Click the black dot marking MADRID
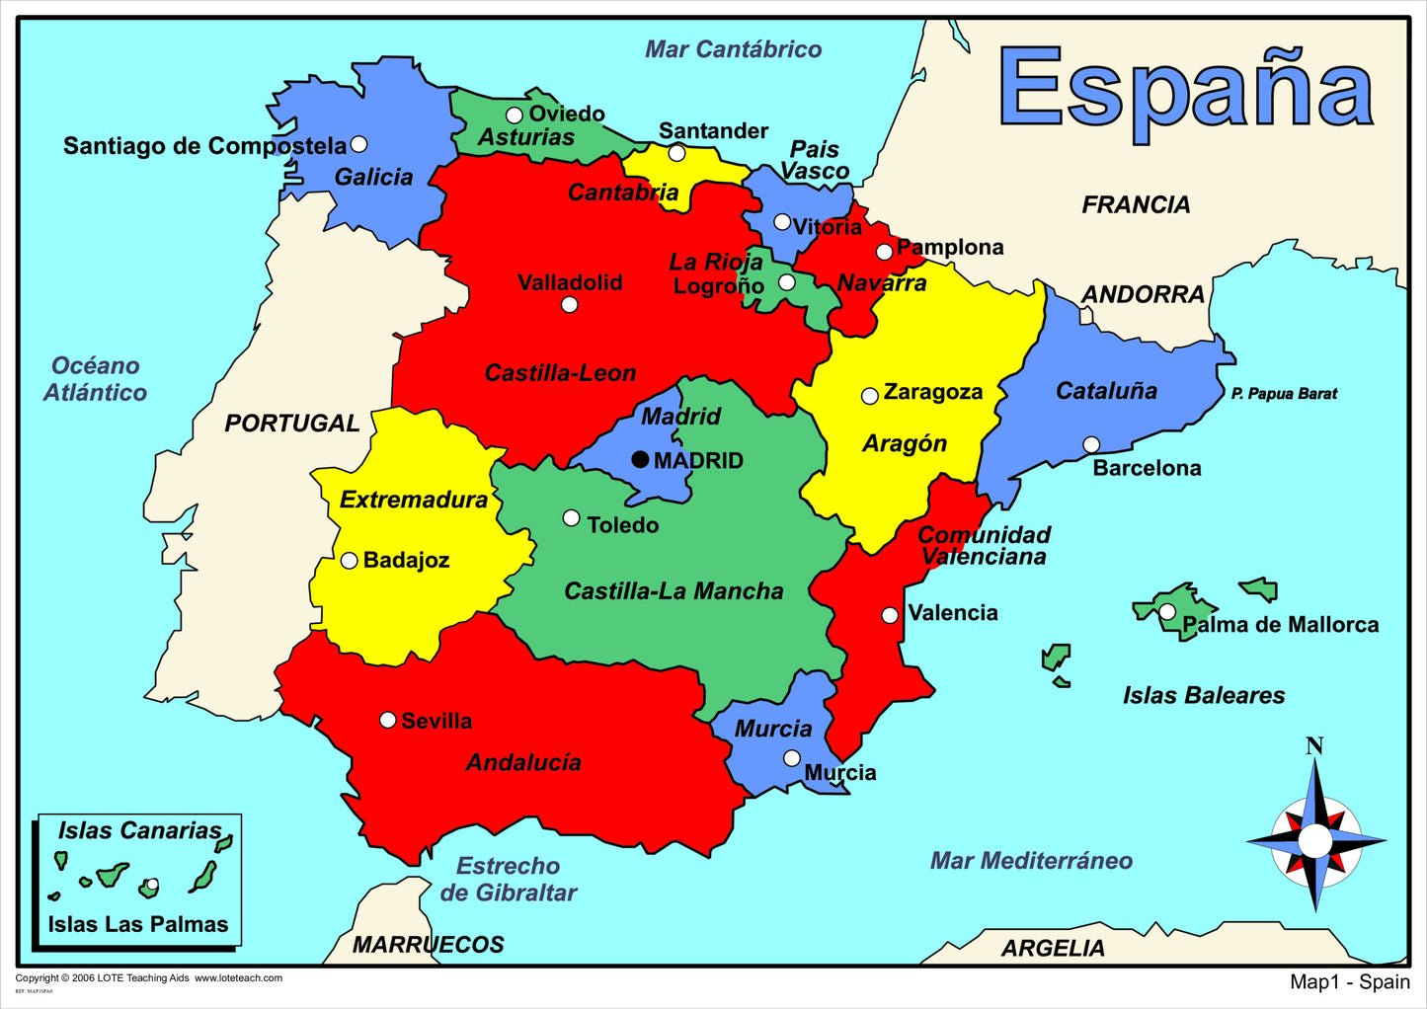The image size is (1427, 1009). tap(640, 459)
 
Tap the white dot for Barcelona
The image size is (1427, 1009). tap(1091, 445)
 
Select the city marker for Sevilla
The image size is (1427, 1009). tap(388, 720)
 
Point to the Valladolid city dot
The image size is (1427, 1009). tap(569, 304)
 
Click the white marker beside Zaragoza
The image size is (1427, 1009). tap(869, 396)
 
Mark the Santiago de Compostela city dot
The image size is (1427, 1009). tap(358, 144)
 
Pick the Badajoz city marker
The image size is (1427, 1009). tap(349, 561)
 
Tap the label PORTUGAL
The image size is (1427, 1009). tap(291, 424)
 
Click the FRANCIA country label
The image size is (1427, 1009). tap(1136, 205)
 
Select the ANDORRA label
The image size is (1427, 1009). tap(1143, 294)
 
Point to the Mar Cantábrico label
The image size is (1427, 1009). tap(733, 49)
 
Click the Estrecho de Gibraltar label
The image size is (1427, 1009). tap(508, 880)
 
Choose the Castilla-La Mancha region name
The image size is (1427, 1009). tap(674, 591)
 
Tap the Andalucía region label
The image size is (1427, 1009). tap(523, 762)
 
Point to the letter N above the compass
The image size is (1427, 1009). tap(1314, 746)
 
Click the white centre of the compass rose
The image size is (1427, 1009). tap(1314, 841)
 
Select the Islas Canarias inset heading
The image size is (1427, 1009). tap(139, 830)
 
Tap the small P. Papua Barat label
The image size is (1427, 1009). tap(1284, 394)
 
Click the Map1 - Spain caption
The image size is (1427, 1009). tap(1349, 981)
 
